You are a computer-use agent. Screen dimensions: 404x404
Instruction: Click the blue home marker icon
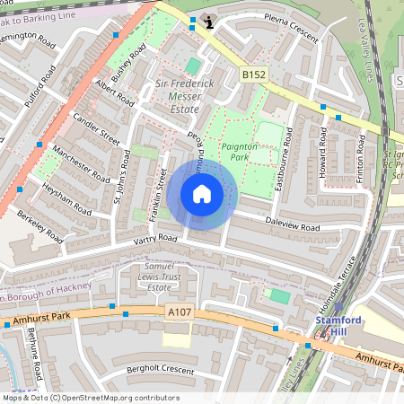click(x=202, y=194)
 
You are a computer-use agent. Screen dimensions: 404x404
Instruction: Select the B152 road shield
click(x=253, y=77)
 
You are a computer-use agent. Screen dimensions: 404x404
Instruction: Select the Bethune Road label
click(x=34, y=354)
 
